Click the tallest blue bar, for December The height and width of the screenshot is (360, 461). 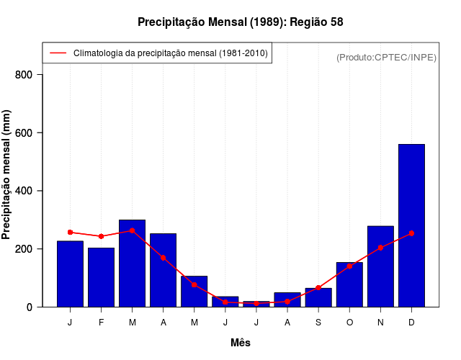click(x=411, y=225)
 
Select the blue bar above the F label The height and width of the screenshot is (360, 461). click(x=101, y=277)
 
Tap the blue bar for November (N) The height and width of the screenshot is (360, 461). click(x=380, y=266)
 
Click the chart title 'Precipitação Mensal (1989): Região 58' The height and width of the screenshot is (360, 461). click(x=241, y=22)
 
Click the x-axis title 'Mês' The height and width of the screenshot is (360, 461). click(x=241, y=343)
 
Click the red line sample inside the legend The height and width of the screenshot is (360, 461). click(x=58, y=53)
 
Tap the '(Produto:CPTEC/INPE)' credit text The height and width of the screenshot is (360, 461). click(x=387, y=57)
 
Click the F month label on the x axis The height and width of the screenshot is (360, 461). click(x=101, y=322)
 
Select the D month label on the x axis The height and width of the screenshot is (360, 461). click(x=411, y=322)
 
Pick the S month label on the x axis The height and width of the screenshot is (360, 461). click(x=318, y=322)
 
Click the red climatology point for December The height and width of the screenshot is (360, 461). click(x=411, y=233)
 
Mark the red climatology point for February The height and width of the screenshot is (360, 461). click(x=101, y=236)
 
